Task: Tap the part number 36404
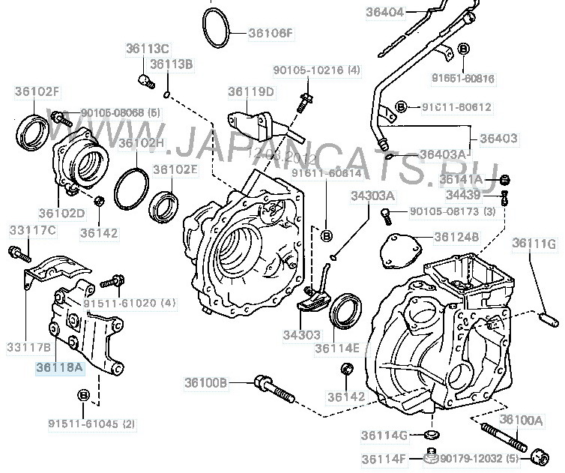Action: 385,12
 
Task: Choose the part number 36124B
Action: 457,237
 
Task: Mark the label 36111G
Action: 534,244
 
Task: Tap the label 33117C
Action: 32,229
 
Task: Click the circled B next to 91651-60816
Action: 462,49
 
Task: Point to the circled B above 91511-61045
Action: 82,394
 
